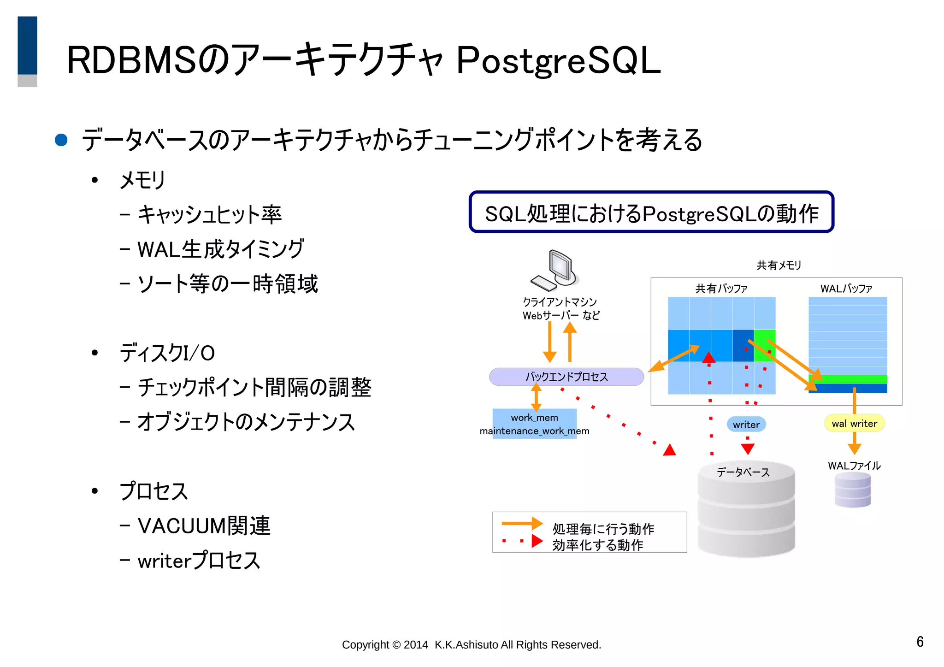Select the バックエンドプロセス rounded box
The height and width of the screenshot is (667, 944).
tap(566, 377)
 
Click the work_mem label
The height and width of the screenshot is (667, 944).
tap(534, 418)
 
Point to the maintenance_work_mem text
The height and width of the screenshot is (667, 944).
tap(534, 431)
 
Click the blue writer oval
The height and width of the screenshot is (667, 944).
tap(746, 425)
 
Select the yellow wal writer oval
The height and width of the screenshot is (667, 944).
tap(854, 424)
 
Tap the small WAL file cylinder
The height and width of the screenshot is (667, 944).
tap(853, 490)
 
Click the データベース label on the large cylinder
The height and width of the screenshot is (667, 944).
tap(743, 472)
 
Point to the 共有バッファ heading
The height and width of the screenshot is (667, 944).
tap(721, 289)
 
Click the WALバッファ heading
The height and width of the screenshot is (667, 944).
tap(846, 289)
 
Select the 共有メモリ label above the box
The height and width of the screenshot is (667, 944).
tap(779, 265)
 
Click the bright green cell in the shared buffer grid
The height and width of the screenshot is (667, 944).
tap(765, 345)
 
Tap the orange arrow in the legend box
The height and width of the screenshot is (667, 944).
tap(522, 523)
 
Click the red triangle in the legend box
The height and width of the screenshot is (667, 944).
tap(537, 541)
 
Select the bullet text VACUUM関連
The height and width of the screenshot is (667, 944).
tap(204, 526)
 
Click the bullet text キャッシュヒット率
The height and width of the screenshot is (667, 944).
tap(210, 215)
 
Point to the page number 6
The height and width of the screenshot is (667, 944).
tap(920, 642)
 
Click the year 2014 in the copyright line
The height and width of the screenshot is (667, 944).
tap(416, 645)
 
